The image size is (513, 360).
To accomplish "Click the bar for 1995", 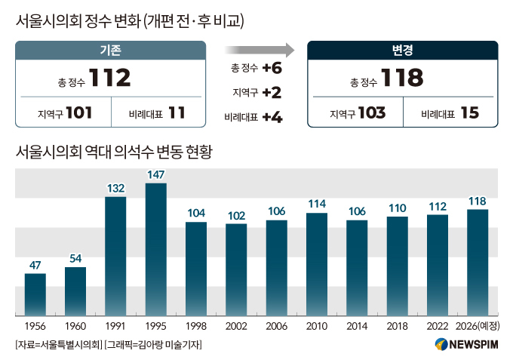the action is (156, 249).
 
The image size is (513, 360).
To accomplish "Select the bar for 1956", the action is (35, 294).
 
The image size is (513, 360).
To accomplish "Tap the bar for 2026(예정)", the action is (478, 263).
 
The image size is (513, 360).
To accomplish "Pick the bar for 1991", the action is (115, 257).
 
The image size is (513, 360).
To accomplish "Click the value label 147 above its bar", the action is (155, 175).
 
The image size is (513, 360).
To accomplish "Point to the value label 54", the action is (75, 259).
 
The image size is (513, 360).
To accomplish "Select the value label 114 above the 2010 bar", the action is (317, 204).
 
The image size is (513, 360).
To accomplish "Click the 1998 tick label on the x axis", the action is (196, 326).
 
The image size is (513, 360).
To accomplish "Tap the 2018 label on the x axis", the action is (397, 326).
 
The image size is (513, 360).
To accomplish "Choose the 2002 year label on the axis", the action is (236, 326).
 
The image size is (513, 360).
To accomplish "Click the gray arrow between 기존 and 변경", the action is (260, 50).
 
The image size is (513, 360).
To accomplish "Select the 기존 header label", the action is (111, 50).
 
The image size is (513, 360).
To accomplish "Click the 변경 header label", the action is (403, 50).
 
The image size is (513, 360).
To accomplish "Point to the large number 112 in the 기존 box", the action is (110, 78).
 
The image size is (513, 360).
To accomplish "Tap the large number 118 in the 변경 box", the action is (402, 78).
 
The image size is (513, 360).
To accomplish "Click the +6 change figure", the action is (272, 68).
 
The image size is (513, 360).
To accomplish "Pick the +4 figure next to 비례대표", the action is (272, 117).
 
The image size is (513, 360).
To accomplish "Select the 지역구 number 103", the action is (372, 113).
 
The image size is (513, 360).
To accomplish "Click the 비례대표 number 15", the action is (470, 113).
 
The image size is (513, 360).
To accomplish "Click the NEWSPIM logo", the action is (466, 344).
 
